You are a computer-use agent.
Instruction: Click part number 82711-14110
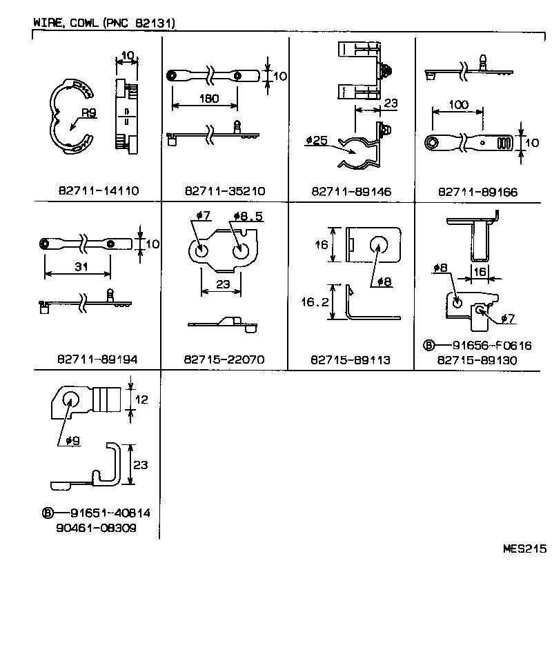(x=98, y=191)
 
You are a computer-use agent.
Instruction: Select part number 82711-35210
(x=225, y=191)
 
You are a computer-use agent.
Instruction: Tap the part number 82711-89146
(x=351, y=191)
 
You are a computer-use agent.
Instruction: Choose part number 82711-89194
(x=98, y=359)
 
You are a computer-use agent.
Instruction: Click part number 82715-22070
(x=225, y=359)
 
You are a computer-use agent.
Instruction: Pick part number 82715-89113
(x=351, y=359)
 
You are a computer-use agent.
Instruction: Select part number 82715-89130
(x=477, y=359)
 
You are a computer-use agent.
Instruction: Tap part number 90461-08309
(x=97, y=528)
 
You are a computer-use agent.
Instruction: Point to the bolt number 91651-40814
(x=110, y=513)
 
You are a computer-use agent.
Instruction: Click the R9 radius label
(x=89, y=113)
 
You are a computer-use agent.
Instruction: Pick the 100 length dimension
(x=457, y=105)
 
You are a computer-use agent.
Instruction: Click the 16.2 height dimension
(x=315, y=302)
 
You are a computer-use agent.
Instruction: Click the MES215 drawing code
(x=525, y=549)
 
